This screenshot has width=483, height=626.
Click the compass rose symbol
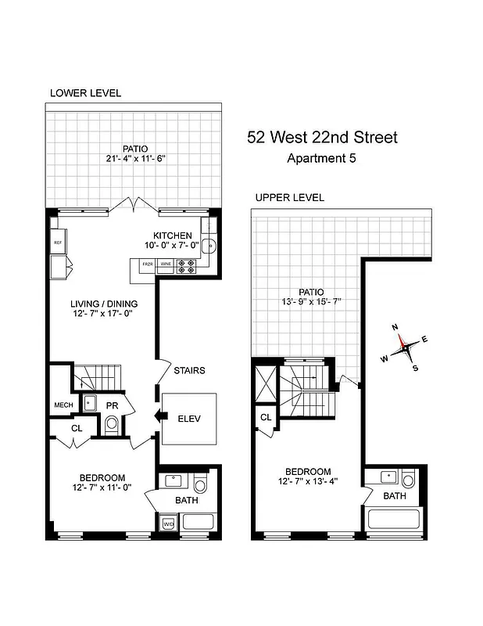coord(406,345)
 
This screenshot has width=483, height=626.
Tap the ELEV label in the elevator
coord(188,419)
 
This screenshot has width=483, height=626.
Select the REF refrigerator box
coord(57,243)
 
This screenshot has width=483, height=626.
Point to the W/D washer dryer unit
coord(168,523)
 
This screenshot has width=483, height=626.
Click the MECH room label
coord(63,405)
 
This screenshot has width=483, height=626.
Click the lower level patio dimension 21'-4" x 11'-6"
coord(134,158)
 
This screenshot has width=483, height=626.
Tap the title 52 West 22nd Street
coord(322,138)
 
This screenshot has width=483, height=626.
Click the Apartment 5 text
coord(322,158)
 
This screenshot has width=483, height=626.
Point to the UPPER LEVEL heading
coord(289,198)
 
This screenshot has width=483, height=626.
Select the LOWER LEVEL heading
coord(85,92)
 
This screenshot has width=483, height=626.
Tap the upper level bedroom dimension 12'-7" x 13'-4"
coord(308,482)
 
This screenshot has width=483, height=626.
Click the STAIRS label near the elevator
coord(190,370)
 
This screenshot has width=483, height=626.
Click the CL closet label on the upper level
coord(266,418)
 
